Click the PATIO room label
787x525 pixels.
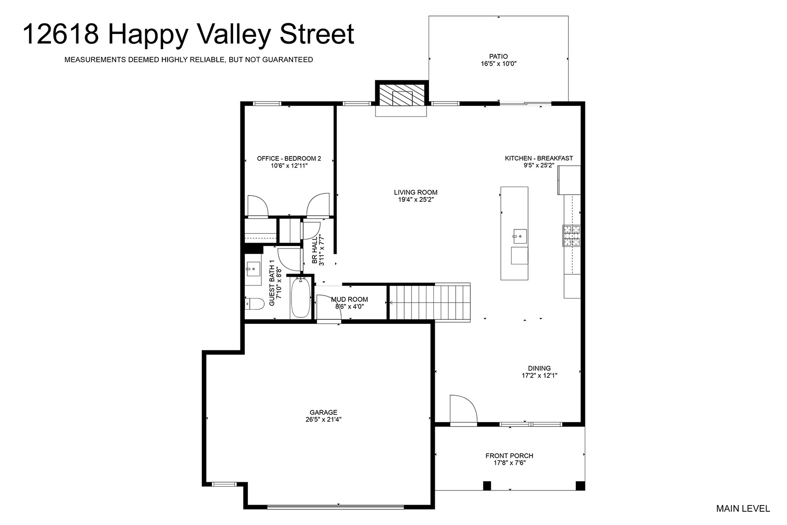pos(498,56)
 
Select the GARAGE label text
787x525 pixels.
pos(323,412)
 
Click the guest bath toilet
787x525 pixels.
pos(255,304)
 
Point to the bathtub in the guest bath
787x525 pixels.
pos(301,297)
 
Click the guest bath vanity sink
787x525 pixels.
pos(253,269)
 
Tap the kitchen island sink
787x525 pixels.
pos(520,236)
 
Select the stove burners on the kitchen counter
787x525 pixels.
pos(571,236)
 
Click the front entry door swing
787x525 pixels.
pos(463,408)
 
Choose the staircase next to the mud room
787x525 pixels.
pos(430,302)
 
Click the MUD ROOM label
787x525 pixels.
pos(349,299)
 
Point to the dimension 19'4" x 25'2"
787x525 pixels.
pos(415,200)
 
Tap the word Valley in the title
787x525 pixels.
pos(234,35)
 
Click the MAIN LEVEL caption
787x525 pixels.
pos(743,508)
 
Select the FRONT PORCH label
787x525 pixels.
pos(510,455)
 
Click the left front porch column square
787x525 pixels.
pos(487,486)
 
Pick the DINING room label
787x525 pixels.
pos(539,368)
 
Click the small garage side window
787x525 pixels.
pos(224,484)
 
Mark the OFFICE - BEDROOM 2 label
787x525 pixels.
pos(289,158)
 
